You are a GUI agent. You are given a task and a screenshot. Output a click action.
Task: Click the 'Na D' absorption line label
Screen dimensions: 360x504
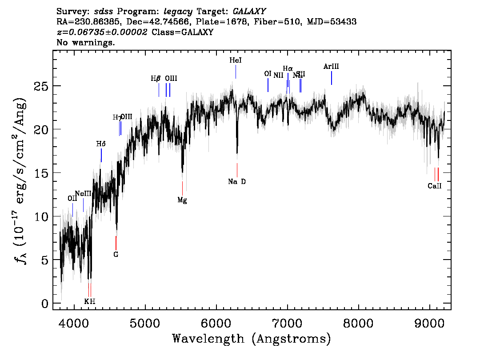(x=236, y=181)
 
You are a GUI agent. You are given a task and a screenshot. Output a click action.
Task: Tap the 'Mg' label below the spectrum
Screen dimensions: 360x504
(x=182, y=200)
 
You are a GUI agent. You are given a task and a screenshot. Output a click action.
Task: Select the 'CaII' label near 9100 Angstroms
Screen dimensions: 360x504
(x=434, y=186)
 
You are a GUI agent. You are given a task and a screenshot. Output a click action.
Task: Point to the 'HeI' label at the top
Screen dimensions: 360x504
(x=236, y=60)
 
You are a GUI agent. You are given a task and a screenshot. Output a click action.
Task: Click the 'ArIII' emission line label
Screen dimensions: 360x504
(x=331, y=67)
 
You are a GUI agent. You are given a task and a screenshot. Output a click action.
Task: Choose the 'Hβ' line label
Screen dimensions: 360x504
(x=156, y=79)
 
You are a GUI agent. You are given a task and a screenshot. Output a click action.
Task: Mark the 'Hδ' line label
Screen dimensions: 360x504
(x=101, y=144)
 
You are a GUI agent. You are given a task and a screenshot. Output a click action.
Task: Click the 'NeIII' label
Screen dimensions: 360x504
(x=83, y=194)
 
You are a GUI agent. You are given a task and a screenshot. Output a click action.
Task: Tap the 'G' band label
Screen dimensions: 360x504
(x=116, y=255)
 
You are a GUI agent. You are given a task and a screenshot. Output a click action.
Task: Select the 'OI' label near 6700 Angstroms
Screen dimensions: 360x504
(x=268, y=74)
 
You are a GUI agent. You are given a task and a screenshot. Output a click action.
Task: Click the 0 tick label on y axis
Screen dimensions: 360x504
(x=44, y=304)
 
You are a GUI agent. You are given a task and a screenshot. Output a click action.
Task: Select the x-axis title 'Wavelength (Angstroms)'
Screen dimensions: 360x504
(x=252, y=339)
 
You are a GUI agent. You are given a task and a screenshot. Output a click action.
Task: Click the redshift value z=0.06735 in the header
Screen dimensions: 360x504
(x=102, y=32)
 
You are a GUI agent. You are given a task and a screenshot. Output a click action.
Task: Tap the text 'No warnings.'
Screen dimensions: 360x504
(x=86, y=43)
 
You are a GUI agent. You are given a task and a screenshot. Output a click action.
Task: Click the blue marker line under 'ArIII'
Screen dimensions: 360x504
(x=332, y=78)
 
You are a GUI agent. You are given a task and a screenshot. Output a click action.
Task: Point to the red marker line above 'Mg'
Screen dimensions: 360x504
(x=182, y=188)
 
